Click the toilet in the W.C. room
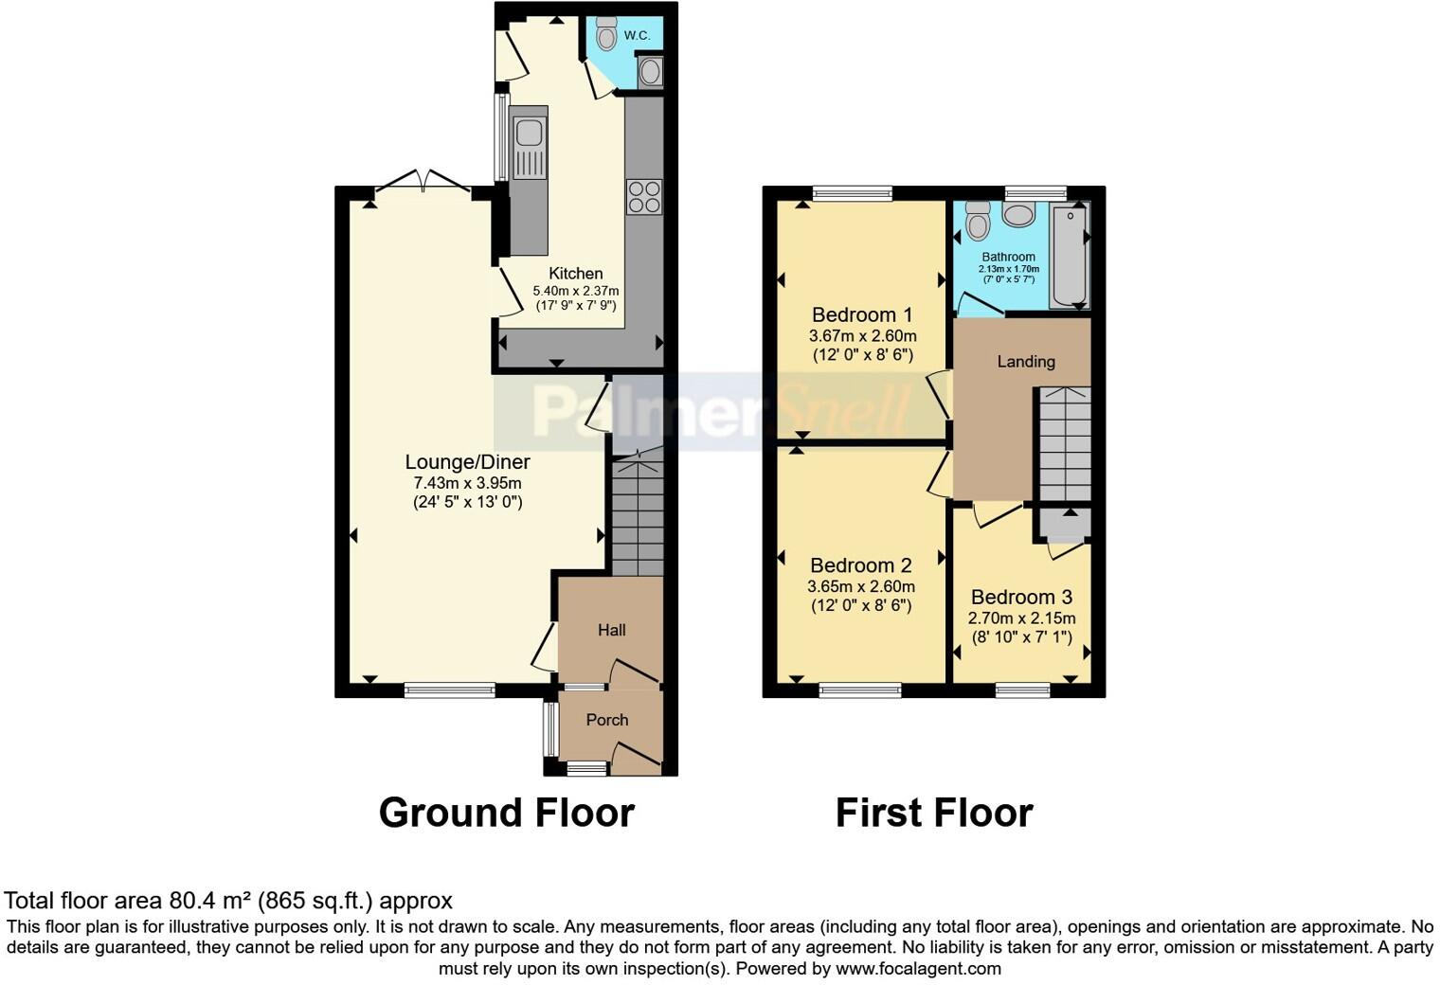[x=606, y=35]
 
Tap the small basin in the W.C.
[x=650, y=72]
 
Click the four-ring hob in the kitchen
[x=644, y=197]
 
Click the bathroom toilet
[x=977, y=223]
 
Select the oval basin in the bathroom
[x=1018, y=214]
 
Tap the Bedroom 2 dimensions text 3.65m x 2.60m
[x=861, y=586]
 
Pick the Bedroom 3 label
[x=1021, y=597]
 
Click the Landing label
[x=1025, y=361]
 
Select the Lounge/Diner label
[x=467, y=462]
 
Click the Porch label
[x=606, y=720]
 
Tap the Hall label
[x=611, y=630]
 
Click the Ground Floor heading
[x=506, y=813]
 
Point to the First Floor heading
[x=933, y=813]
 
